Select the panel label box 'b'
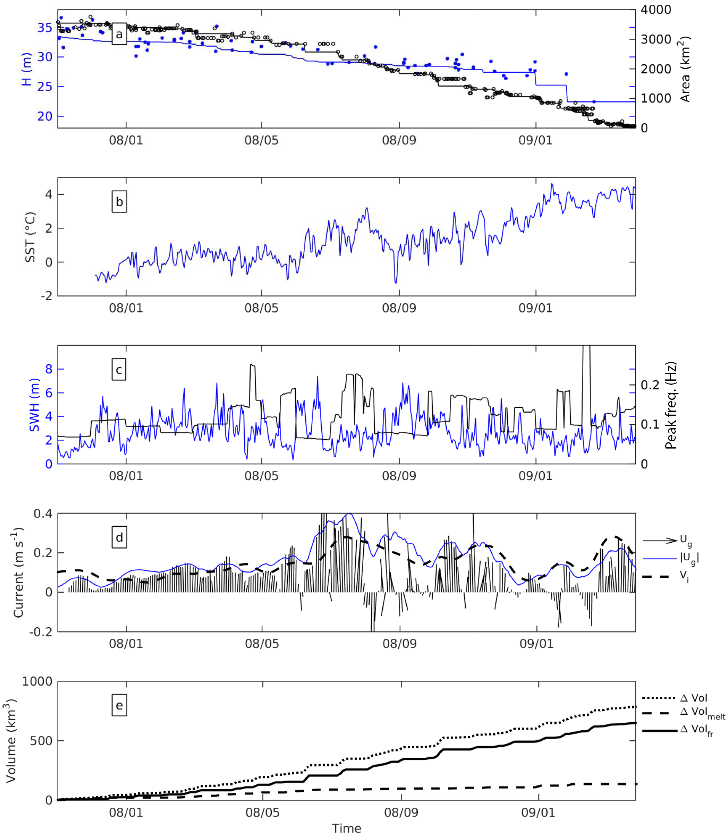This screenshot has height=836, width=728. (x=119, y=202)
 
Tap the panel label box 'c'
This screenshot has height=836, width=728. (x=119, y=370)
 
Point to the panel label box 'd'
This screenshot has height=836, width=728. (x=119, y=538)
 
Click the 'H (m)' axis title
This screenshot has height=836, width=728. (x=26, y=69)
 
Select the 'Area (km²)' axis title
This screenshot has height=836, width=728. (x=685, y=69)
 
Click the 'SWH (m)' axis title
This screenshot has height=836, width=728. (x=34, y=405)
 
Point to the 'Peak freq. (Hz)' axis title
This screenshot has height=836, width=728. (x=671, y=405)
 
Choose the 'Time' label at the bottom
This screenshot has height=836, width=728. (x=346, y=828)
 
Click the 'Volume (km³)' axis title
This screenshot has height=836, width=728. (x=11, y=741)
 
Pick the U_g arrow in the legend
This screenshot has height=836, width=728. (x=661, y=540)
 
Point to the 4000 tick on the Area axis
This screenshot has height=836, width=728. (x=656, y=10)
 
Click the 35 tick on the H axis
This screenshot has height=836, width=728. (x=45, y=28)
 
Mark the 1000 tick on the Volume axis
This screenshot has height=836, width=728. (x=37, y=681)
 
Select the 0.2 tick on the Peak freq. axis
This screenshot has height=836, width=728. (x=650, y=385)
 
